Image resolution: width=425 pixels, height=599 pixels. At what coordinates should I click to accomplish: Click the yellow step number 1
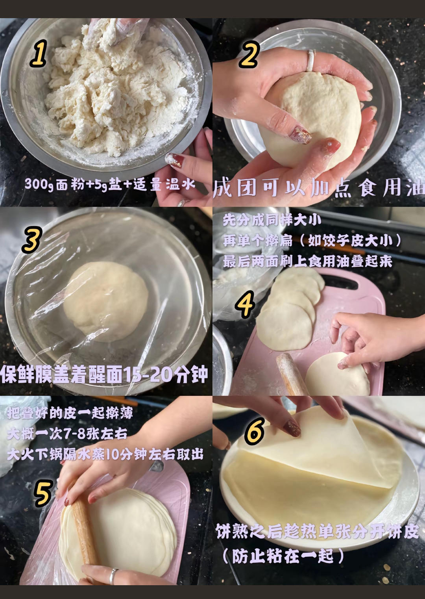click(39, 53)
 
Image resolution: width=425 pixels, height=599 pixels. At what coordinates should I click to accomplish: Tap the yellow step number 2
click(249, 55)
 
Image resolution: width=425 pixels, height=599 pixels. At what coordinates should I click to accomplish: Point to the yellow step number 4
click(245, 304)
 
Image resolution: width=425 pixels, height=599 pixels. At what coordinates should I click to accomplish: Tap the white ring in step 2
click(310, 60)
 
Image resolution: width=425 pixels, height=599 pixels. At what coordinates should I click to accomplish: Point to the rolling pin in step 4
click(292, 374)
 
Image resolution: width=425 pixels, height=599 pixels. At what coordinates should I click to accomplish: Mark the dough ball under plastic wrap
click(106, 302)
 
